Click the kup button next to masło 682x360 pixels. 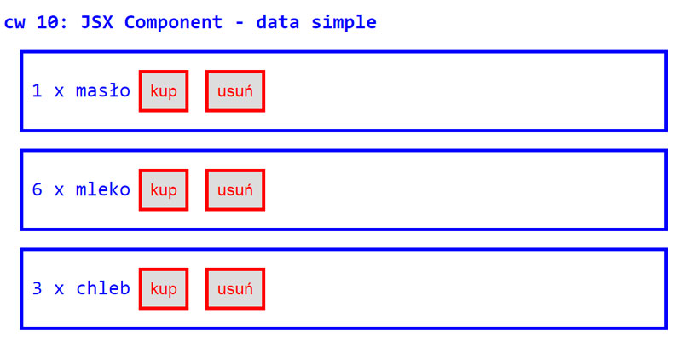click(163, 90)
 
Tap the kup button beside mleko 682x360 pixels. click(163, 189)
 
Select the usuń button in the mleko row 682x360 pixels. click(234, 189)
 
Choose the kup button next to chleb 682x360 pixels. click(163, 288)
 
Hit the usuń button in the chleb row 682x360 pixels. click(234, 288)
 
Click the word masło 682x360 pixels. click(103, 90)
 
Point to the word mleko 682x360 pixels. click(103, 189)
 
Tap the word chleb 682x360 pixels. click(103, 288)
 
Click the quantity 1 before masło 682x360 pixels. click(37, 90)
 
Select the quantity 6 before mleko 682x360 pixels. click(37, 189)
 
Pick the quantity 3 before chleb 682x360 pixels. click(37, 288)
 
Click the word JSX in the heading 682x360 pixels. click(97, 22)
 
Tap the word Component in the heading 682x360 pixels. click(180, 22)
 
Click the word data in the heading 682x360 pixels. click(279, 22)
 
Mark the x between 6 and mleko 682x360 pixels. click(59, 189)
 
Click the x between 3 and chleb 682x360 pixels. click(59, 288)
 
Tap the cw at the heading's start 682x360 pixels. click(14, 22)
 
